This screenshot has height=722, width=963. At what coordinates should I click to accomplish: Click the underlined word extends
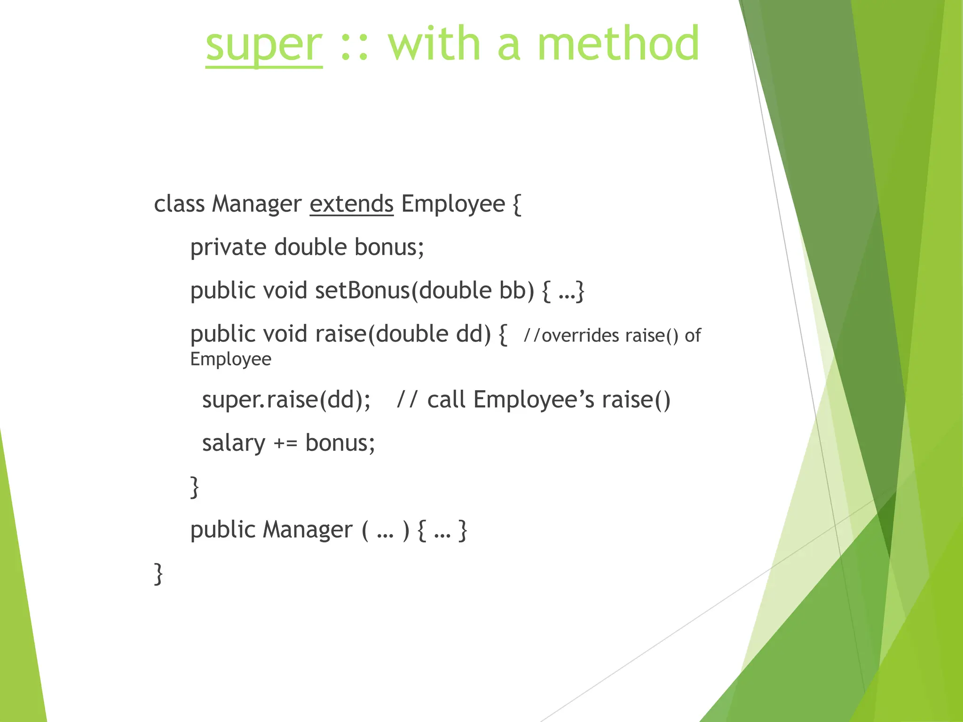(x=351, y=204)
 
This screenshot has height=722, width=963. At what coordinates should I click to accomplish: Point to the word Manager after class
(x=256, y=204)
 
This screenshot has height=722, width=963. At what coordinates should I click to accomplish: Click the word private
(x=228, y=248)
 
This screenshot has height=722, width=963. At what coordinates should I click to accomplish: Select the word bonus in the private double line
(x=388, y=247)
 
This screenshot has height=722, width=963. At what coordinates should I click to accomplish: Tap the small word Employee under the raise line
(x=230, y=359)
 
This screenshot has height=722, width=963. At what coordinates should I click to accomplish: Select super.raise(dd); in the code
(x=286, y=400)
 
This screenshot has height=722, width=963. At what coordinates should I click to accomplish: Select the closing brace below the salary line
(x=194, y=487)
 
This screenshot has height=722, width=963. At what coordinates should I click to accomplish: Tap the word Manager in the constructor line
(x=308, y=530)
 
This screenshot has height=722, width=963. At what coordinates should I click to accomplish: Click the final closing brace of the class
(x=158, y=573)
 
